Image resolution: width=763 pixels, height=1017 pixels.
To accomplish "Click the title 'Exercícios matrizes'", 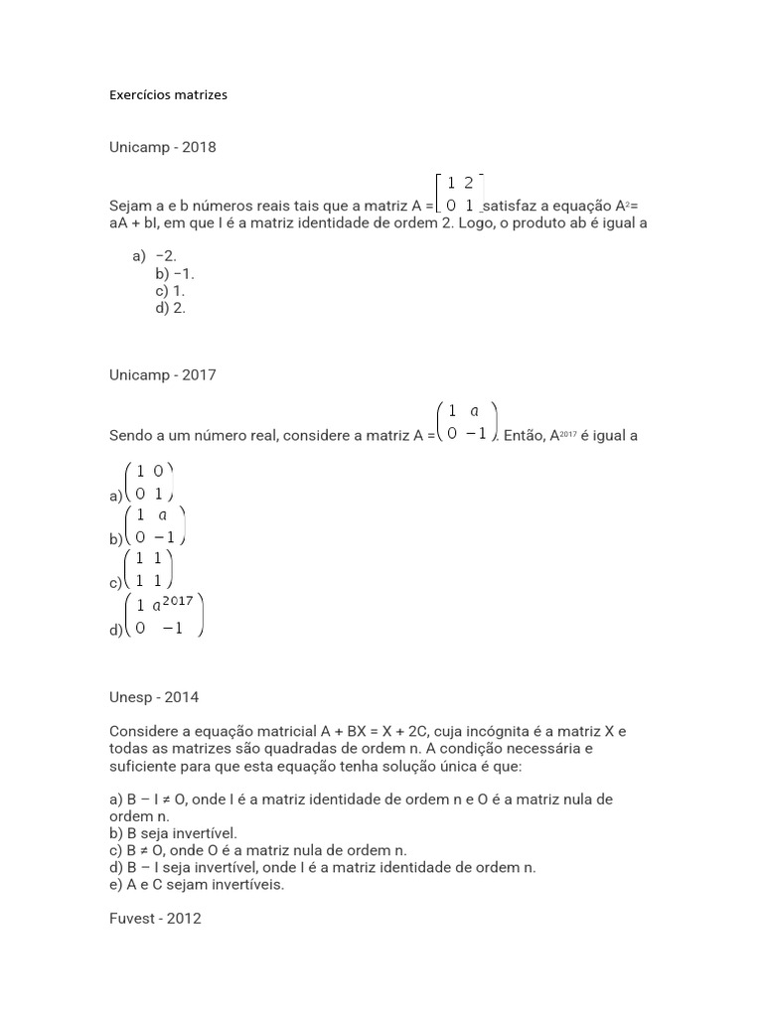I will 168,95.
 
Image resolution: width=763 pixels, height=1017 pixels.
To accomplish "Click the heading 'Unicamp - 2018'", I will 162,147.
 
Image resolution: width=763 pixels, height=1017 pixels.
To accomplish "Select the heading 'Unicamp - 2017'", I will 162,375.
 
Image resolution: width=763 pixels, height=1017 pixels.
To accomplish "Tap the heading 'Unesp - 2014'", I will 154,697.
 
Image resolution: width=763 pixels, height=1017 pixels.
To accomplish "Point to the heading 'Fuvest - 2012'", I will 155,919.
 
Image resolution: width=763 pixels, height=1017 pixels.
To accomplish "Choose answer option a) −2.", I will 154,256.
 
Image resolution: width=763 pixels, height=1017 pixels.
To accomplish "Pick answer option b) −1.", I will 170,273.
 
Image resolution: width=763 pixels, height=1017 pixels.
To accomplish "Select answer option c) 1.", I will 170,291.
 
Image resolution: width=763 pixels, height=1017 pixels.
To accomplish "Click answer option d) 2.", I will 170,308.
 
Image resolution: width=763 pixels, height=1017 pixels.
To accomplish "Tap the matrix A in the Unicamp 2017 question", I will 466,422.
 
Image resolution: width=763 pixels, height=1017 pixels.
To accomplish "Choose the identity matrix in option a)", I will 149,482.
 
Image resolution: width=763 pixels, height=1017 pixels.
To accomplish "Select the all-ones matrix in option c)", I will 149,570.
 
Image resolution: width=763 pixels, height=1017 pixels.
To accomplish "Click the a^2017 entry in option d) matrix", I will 173,603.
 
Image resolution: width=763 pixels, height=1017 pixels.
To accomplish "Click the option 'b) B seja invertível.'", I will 173,833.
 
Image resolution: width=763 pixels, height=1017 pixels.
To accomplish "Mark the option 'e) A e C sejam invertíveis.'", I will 197,885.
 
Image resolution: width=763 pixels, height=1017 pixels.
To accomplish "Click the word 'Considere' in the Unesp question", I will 141,731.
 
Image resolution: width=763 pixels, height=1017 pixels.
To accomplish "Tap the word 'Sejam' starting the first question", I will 129,206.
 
